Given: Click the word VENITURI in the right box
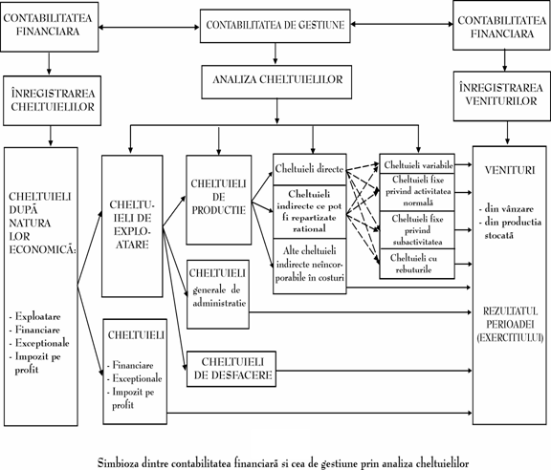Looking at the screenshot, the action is (x=510, y=170).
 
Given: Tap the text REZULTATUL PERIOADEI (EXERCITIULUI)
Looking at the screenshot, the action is (x=510, y=325).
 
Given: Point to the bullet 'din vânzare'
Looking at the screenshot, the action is (x=506, y=209).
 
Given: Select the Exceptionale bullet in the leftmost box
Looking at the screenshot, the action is (x=39, y=343).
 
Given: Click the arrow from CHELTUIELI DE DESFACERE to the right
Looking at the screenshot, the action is (x=374, y=371).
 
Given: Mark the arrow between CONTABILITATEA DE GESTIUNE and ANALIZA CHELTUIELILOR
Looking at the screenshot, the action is (x=275, y=54).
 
